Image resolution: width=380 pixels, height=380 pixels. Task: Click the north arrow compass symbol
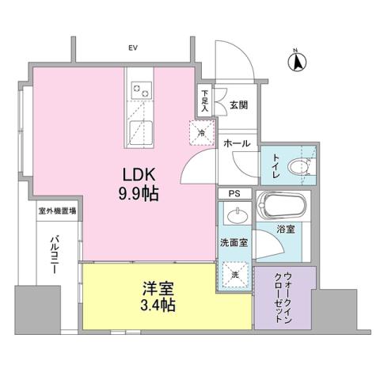point(295,60)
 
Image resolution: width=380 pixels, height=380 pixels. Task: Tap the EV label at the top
point(132,48)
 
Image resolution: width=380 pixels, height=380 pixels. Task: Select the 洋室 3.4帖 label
point(147,294)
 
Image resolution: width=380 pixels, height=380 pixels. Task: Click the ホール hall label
point(237,143)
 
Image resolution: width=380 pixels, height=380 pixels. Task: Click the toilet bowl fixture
point(300,167)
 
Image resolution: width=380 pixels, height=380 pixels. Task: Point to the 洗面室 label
point(235,244)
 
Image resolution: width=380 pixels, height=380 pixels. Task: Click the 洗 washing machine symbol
point(236,273)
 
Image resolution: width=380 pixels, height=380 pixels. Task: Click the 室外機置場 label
point(57,211)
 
